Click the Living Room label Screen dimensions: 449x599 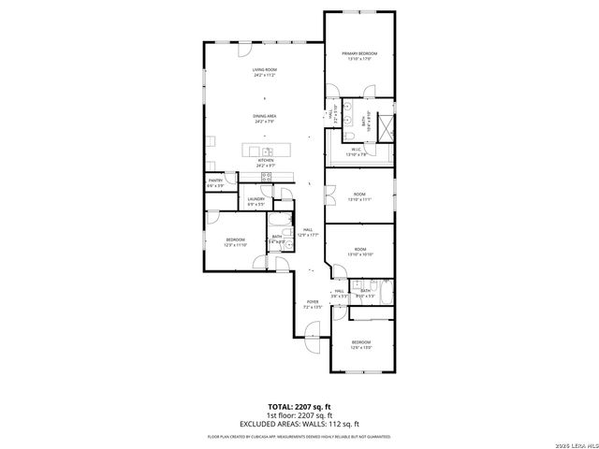pos(264,72)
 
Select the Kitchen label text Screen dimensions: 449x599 pos(266,162)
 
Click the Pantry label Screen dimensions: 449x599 pos(215,182)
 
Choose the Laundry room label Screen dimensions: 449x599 pos(256,200)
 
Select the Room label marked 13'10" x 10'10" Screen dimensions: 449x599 pos(359,252)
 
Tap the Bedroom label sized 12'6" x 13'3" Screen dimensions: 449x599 pos(360,344)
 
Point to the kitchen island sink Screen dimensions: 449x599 pos(267,151)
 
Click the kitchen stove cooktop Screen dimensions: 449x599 pos(266,175)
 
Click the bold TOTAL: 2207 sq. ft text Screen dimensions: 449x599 pos(299,407)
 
